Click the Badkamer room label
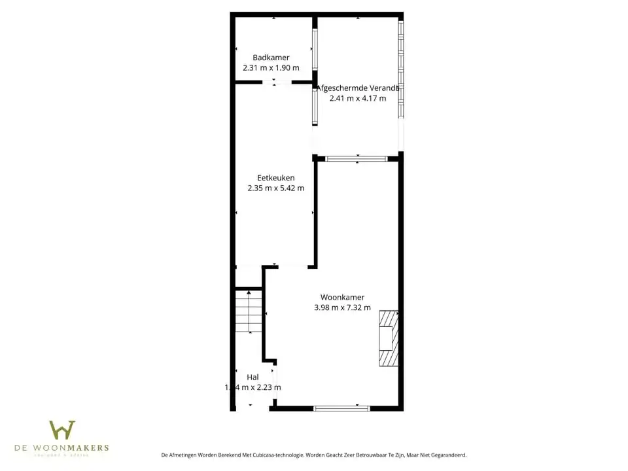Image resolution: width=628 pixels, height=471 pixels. coord(271,58)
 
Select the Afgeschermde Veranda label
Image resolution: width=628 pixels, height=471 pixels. coord(358,88)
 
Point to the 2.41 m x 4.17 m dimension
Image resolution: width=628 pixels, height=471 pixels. coord(358,98)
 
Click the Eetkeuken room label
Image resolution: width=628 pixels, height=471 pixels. coord(275,177)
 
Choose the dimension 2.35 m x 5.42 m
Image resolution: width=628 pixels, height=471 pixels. coord(275,188)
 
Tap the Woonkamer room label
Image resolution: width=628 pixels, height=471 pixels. coord(342,297)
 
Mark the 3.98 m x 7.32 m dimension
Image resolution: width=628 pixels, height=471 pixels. coord(342,307)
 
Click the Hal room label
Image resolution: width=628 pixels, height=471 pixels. coord(253,377)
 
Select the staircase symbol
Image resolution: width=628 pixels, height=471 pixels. coord(249,311)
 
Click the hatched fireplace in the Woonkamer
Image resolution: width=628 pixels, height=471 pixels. coord(388,338)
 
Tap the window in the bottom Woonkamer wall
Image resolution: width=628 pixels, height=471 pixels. coord(341,408)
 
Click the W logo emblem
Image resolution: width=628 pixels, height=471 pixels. coord(62,430)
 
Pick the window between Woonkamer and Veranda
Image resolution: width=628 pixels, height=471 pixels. coord(357,158)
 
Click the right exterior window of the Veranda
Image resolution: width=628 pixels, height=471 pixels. coord(401,68)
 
